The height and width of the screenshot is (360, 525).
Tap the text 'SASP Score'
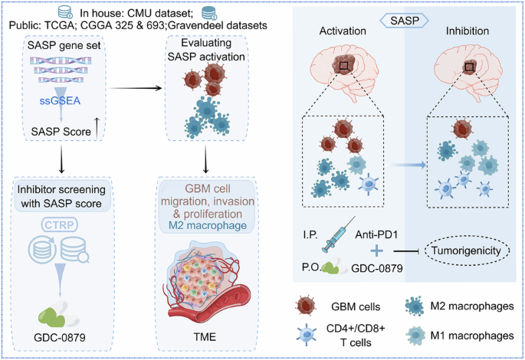(55, 133)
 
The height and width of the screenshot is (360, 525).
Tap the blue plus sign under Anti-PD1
(376, 250)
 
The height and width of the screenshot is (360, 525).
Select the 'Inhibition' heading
(470, 33)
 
